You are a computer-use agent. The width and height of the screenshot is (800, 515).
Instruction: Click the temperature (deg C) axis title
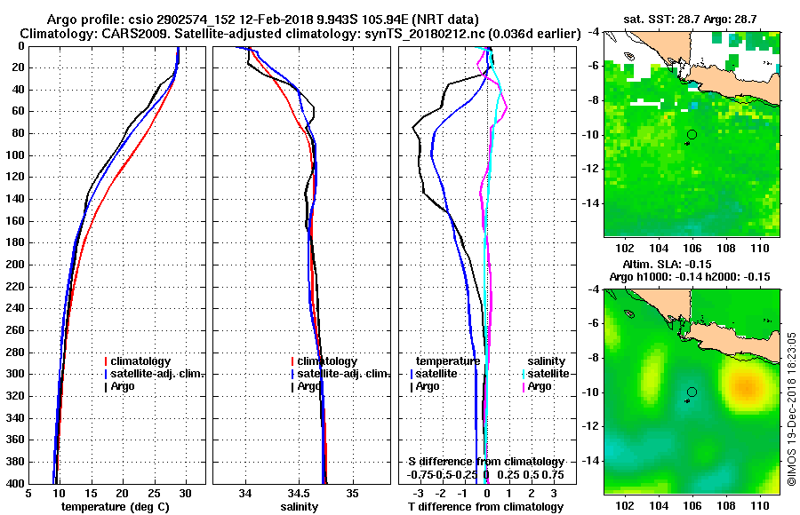click(116, 507)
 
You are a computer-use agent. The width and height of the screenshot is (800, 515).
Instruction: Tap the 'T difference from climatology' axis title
click(485, 507)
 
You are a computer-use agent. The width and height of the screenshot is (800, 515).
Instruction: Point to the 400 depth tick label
click(13, 484)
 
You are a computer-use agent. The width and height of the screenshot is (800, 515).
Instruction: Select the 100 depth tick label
click(13, 155)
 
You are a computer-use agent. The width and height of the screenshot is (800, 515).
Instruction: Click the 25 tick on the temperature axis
click(154, 493)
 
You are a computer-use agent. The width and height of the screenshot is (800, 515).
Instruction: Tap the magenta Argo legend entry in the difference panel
click(539, 386)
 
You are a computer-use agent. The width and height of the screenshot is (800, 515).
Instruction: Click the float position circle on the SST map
click(692, 134)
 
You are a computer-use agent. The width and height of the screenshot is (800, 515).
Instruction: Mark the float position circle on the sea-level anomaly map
click(692, 392)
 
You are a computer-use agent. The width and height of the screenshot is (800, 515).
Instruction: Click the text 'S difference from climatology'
click(485, 462)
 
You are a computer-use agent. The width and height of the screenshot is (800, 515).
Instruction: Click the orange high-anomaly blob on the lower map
click(745, 386)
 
